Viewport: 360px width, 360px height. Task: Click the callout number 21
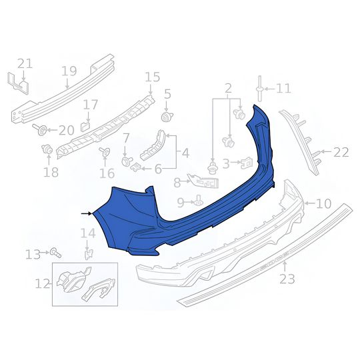(x=25, y=63)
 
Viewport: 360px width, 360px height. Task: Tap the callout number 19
(x=69, y=71)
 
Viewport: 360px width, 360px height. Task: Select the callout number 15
(x=152, y=77)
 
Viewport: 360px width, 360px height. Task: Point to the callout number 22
(x=341, y=152)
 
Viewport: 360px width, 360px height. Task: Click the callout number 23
(x=287, y=279)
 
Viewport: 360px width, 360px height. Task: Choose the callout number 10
(x=323, y=204)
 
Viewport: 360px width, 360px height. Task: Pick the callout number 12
(x=43, y=284)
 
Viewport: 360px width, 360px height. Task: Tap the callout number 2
(x=228, y=88)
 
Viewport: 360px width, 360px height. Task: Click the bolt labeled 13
(x=55, y=253)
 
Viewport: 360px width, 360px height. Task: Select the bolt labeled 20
(x=43, y=129)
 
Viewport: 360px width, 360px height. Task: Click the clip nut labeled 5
(x=167, y=117)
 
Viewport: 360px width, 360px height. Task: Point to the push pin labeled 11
(x=257, y=87)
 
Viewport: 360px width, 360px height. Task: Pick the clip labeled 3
(x=245, y=162)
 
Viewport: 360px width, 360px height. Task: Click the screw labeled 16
(x=104, y=153)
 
